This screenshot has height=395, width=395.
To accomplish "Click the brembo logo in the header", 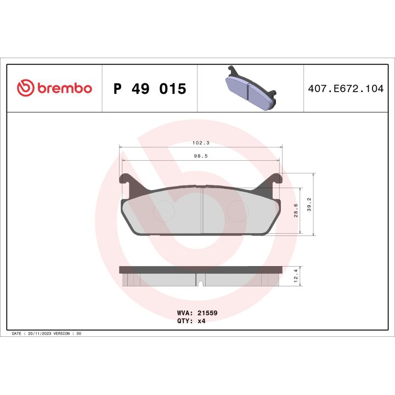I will (54, 88).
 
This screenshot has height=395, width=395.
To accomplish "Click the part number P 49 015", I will (149, 88).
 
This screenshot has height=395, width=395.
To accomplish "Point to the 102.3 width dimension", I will (201, 143).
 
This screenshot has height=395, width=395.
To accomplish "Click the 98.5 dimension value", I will (201, 156).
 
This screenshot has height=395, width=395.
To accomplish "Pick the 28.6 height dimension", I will (297, 211).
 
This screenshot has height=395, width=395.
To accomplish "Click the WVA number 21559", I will (208, 312).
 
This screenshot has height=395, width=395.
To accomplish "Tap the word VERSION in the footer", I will (65, 333).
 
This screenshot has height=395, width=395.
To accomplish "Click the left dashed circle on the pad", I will (162, 211).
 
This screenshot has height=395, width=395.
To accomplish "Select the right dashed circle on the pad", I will (238, 211).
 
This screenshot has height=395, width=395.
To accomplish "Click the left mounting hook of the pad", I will (126, 181).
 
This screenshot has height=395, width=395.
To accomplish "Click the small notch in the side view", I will (201, 283).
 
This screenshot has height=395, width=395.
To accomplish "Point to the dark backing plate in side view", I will (201, 269).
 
